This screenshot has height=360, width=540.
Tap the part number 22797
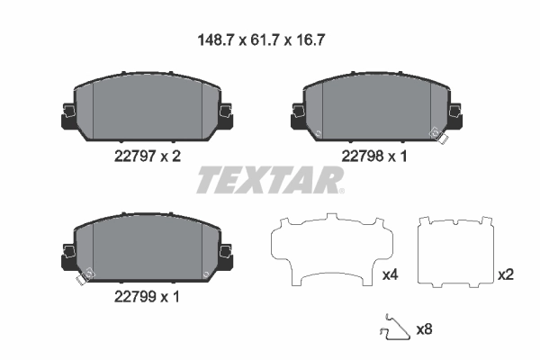point(130,156)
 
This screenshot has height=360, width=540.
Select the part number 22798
point(360,156)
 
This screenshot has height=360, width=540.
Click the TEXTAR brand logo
point(270,180)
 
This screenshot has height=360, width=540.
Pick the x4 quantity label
point(390,274)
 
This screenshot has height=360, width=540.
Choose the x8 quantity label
point(424,329)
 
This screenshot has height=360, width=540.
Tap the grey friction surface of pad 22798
point(376,106)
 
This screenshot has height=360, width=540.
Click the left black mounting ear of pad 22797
point(67,114)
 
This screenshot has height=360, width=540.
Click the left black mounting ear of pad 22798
point(298,114)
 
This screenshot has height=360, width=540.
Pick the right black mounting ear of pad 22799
point(226,255)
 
